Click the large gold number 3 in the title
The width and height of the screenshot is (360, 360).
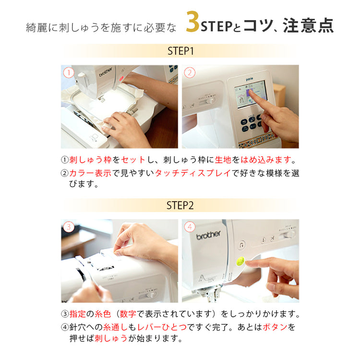tap(192, 22)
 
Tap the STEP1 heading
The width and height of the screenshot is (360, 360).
tap(180, 51)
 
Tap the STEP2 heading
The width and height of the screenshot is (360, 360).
tap(180, 205)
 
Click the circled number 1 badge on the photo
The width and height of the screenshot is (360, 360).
tap(69, 72)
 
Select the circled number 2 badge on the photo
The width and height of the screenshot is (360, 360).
tap(190, 72)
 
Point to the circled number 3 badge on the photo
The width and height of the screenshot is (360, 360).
tap(69, 227)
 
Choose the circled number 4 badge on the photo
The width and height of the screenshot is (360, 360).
tap(190, 227)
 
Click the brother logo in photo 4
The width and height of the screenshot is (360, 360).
tap(208, 235)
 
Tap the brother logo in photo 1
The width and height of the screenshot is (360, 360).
tap(106, 72)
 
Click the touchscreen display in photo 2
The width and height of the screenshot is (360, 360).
tap(251, 94)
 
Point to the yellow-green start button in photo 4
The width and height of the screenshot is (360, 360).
tap(241, 262)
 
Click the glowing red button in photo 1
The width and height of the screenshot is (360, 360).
tap(122, 78)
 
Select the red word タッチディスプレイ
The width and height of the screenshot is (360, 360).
tap(193, 173)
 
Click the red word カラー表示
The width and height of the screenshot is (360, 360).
tap(90, 173)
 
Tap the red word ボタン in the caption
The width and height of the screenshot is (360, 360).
tap(275, 327)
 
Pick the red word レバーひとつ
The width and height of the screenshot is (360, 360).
tap(162, 327)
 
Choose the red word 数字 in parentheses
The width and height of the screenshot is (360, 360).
tap(128, 313)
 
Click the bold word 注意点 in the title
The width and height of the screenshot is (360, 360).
tap(308, 25)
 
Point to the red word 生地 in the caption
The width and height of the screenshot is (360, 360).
tap(223, 159)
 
